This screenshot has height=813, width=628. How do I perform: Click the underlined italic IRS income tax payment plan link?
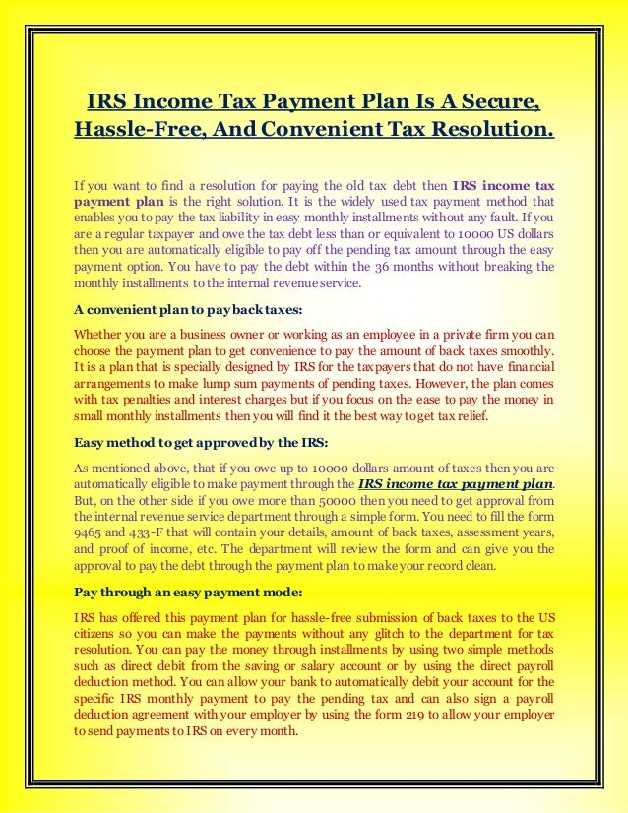coord(455,483)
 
